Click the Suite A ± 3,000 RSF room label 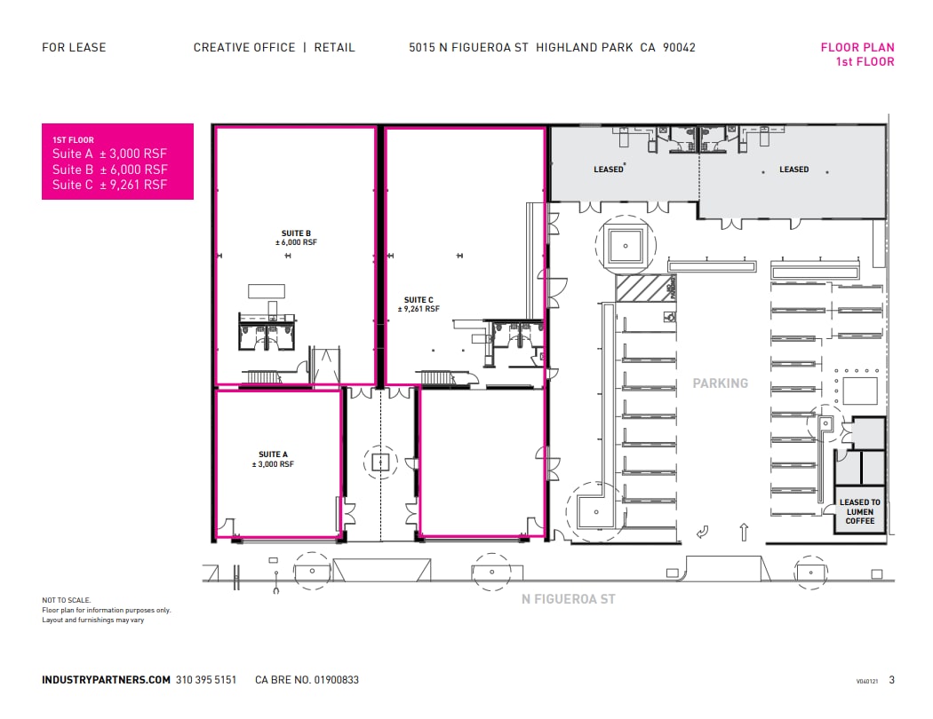click(x=273, y=459)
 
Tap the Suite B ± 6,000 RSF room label click(x=296, y=238)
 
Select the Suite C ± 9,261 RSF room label click(x=419, y=304)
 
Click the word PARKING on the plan click(x=721, y=383)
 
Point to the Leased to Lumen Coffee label click(x=859, y=511)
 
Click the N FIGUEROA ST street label click(x=568, y=599)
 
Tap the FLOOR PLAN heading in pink click(x=857, y=48)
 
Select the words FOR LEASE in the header click(x=74, y=48)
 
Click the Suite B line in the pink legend click(x=109, y=170)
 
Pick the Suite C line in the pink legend click(x=109, y=185)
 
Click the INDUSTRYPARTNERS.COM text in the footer click(x=106, y=680)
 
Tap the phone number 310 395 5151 click(x=206, y=680)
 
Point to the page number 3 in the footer click(x=891, y=680)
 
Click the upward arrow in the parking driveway click(x=744, y=532)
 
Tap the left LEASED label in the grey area click(x=609, y=170)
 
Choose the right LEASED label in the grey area click(x=793, y=170)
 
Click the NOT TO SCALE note click(x=67, y=600)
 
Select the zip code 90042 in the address click(x=680, y=48)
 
